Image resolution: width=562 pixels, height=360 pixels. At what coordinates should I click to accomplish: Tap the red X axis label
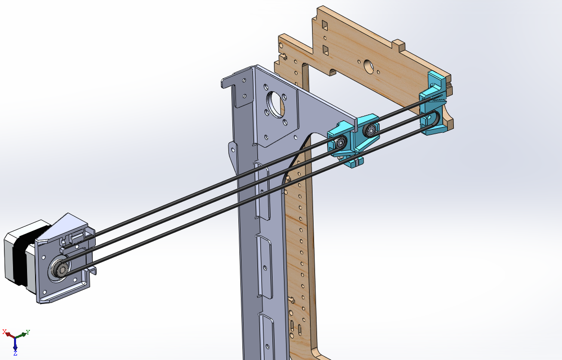(5, 331)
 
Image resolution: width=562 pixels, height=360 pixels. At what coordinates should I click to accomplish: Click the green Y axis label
(28, 332)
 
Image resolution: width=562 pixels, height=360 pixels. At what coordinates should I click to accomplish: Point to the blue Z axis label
(16, 353)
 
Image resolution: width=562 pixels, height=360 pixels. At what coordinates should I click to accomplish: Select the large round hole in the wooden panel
(368, 66)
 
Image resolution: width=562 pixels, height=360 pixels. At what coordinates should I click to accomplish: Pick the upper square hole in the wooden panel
(325, 25)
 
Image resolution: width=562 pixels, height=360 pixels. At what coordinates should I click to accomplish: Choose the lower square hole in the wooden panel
(325, 50)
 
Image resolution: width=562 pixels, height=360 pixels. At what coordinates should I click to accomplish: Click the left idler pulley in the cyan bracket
(340, 143)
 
